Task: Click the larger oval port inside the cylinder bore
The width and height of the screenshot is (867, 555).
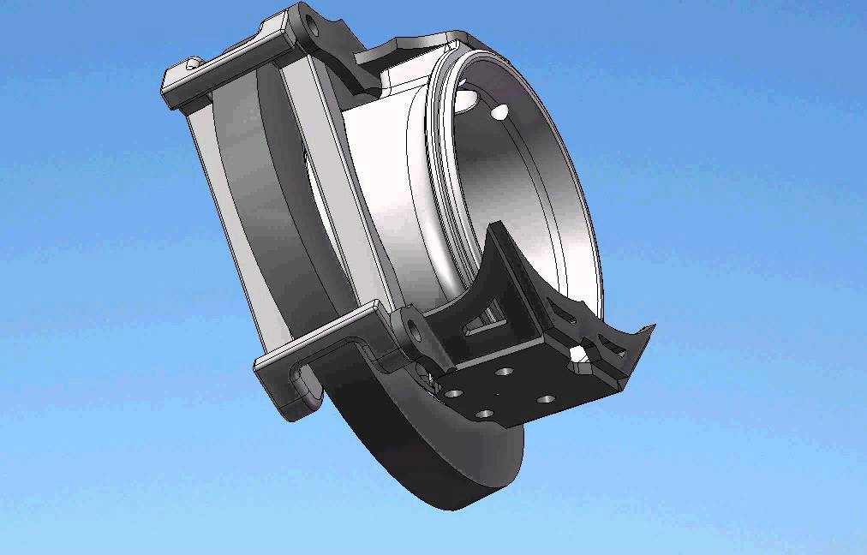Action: [x=466, y=99]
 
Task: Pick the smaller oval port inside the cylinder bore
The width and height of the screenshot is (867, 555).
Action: [x=501, y=110]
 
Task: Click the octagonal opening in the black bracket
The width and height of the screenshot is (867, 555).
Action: [x=581, y=355]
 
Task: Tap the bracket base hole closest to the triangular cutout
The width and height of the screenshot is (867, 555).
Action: [x=505, y=373]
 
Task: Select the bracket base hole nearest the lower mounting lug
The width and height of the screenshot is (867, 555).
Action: [x=453, y=393]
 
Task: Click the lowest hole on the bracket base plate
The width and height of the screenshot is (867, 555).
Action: [x=485, y=414]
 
